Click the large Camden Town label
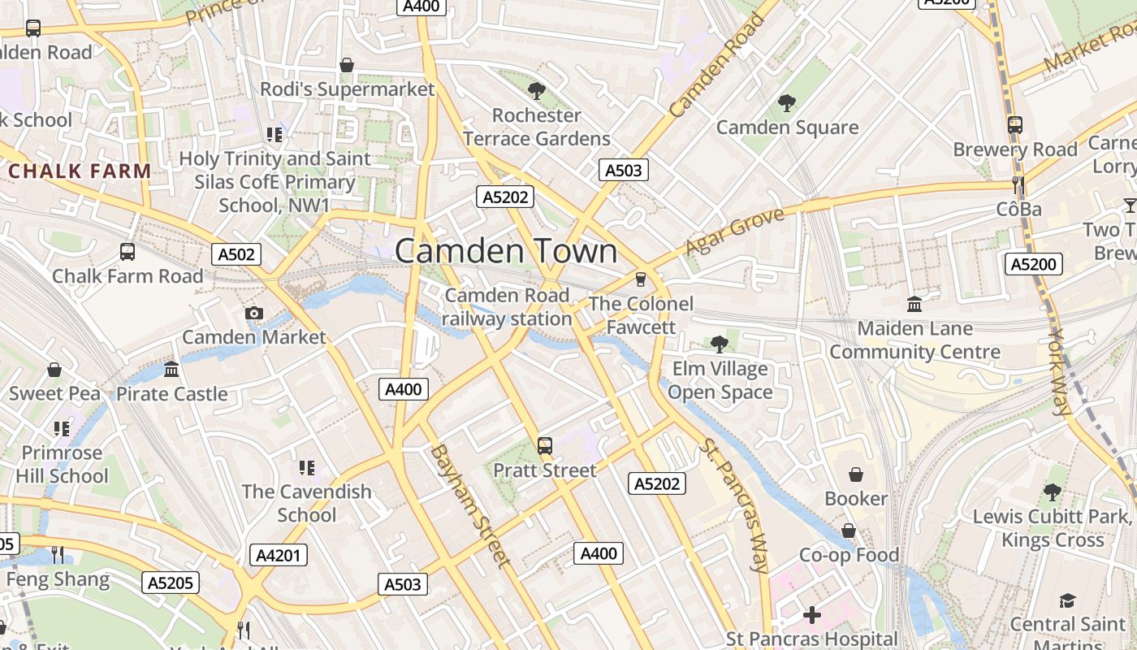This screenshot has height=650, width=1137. point(506,251)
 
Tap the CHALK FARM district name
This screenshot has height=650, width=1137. point(80,171)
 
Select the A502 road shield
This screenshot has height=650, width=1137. point(237,254)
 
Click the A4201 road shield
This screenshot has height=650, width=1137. point(278,556)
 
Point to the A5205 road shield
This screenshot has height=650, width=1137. point(171,583)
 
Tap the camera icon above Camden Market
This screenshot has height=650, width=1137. point(253,314)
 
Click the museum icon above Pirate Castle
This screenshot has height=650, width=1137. point(171,370)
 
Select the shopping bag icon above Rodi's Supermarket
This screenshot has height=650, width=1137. point(347,65)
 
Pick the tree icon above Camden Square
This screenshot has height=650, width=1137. point(786,103)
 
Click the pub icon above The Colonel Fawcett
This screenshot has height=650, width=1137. point(641,279)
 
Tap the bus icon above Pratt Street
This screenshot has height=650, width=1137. point(544,446)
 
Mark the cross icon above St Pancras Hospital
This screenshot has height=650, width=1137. point(811,615)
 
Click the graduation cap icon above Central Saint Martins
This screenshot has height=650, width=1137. point(1067,600)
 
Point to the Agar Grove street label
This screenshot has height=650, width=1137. point(735,231)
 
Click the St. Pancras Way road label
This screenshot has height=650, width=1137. point(734,506)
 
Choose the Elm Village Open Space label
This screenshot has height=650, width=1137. point(720,380)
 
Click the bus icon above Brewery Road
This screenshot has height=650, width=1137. point(1014,125)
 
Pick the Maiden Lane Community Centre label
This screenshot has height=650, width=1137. point(914,340)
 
